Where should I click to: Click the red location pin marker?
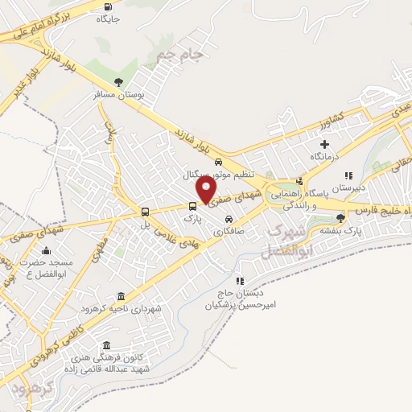pyautogui.click(x=206, y=190)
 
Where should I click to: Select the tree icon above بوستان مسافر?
pyautogui.click(x=120, y=83)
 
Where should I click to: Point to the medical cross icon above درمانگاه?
pyautogui.click(x=325, y=144)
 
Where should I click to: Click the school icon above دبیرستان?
pyautogui.click(x=348, y=175)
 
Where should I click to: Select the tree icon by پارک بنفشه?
pyautogui.click(x=341, y=217)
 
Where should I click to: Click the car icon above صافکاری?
pyautogui.click(x=229, y=218)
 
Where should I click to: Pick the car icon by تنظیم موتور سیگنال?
pyautogui.click(x=208, y=162)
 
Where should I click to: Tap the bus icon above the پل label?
pyautogui.click(x=145, y=212)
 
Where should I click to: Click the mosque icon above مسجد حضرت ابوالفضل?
pyautogui.click(x=46, y=250)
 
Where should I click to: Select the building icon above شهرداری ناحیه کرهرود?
pyautogui.click(x=121, y=295)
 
